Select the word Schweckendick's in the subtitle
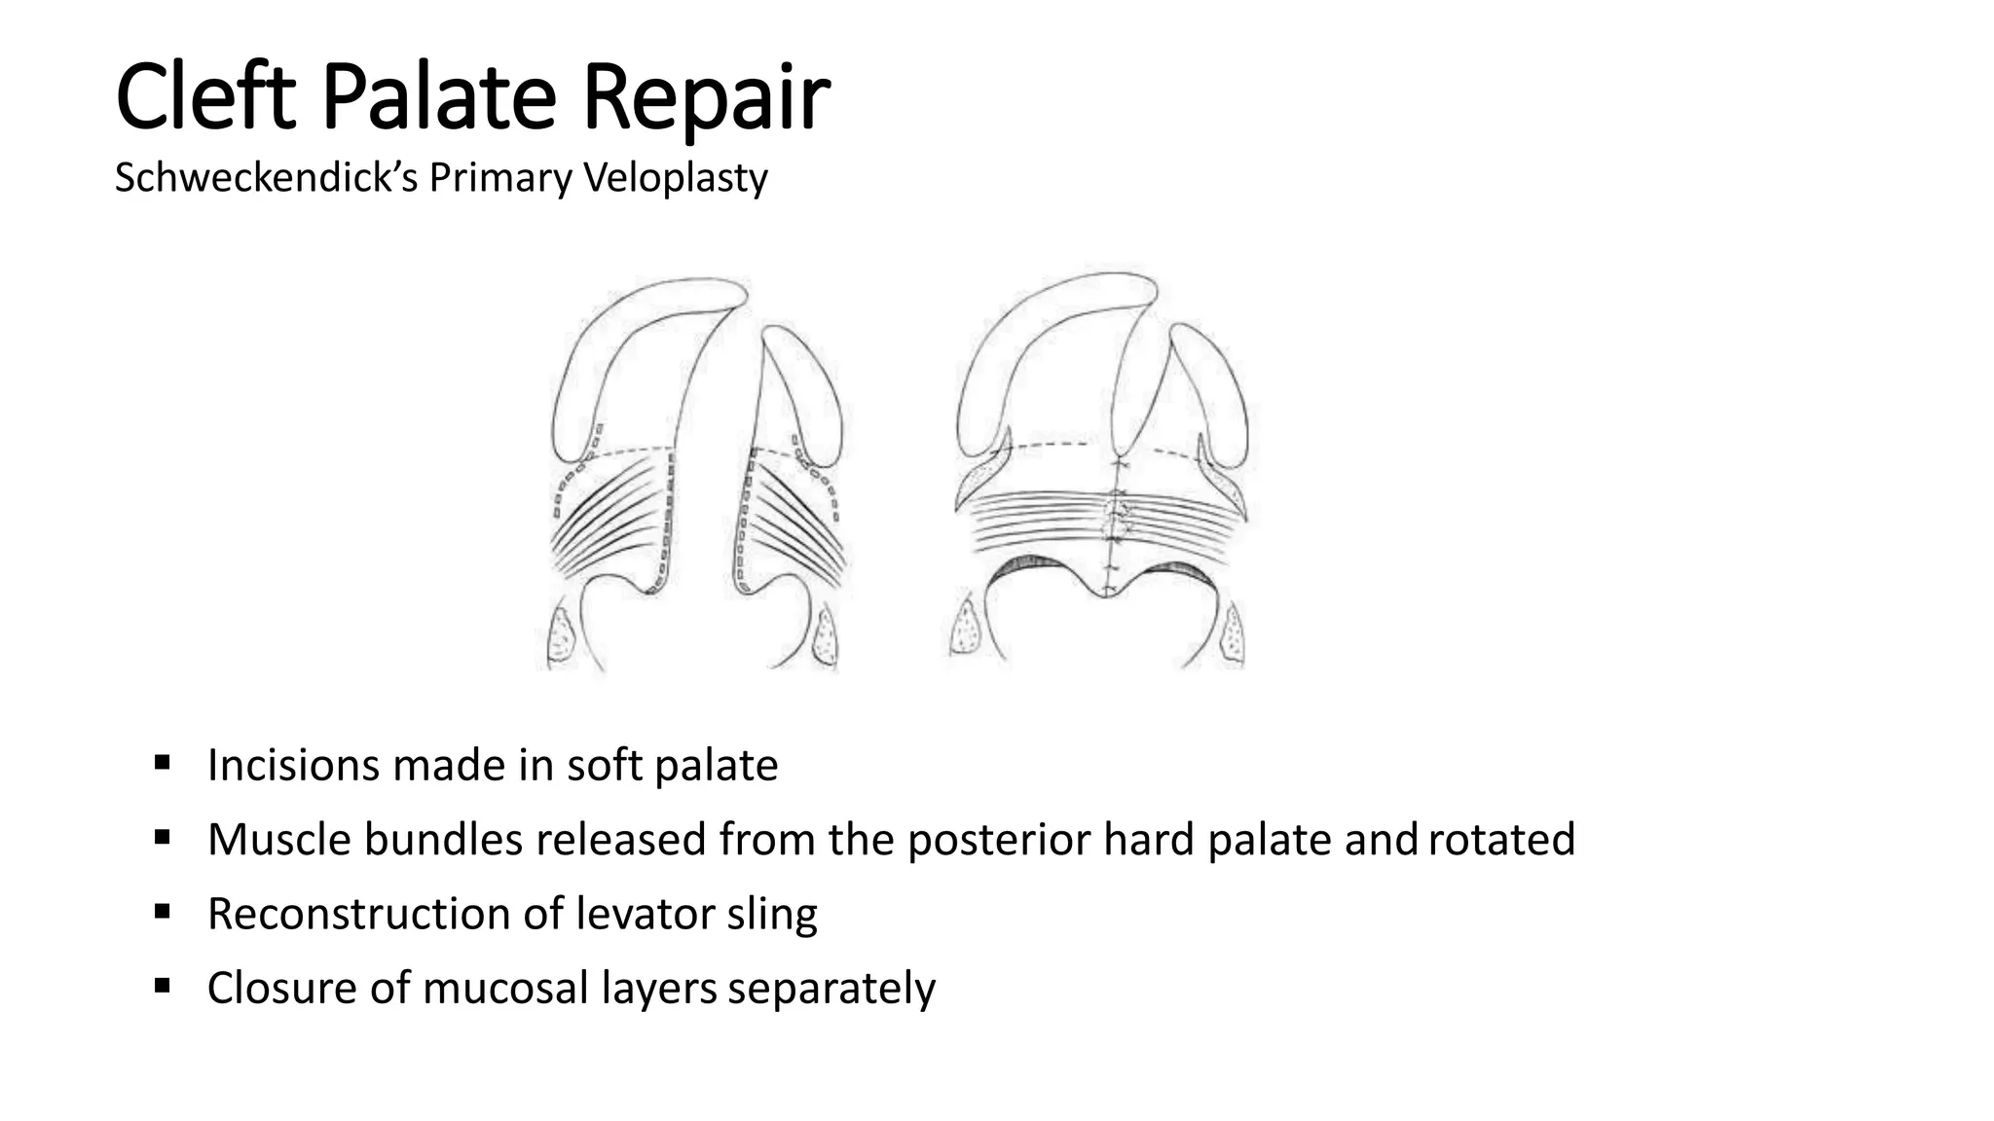[266, 178]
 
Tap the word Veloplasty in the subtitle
[675, 178]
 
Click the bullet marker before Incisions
[162, 761]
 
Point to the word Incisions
[293, 765]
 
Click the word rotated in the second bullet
[1501, 840]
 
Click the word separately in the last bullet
[831, 988]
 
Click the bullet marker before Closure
[162, 986]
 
